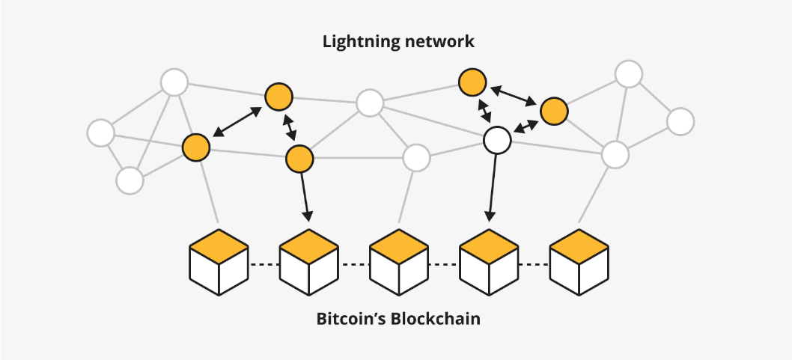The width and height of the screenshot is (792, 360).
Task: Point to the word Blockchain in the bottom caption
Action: click(x=435, y=319)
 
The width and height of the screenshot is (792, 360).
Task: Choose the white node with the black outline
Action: click(x=497, y=139)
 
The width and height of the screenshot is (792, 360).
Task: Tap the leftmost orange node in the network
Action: click(x=196, y=147)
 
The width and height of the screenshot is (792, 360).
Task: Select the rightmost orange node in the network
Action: click(x=554, y=111)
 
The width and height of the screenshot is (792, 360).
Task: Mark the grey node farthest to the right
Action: click(x=680, y=121)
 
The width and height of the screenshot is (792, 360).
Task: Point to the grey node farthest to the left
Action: click(x=100, y=132)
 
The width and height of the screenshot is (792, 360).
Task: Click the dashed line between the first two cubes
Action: click(x=264, y=265)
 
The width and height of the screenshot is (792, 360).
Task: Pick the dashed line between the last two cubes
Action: click(x=533, y=265)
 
